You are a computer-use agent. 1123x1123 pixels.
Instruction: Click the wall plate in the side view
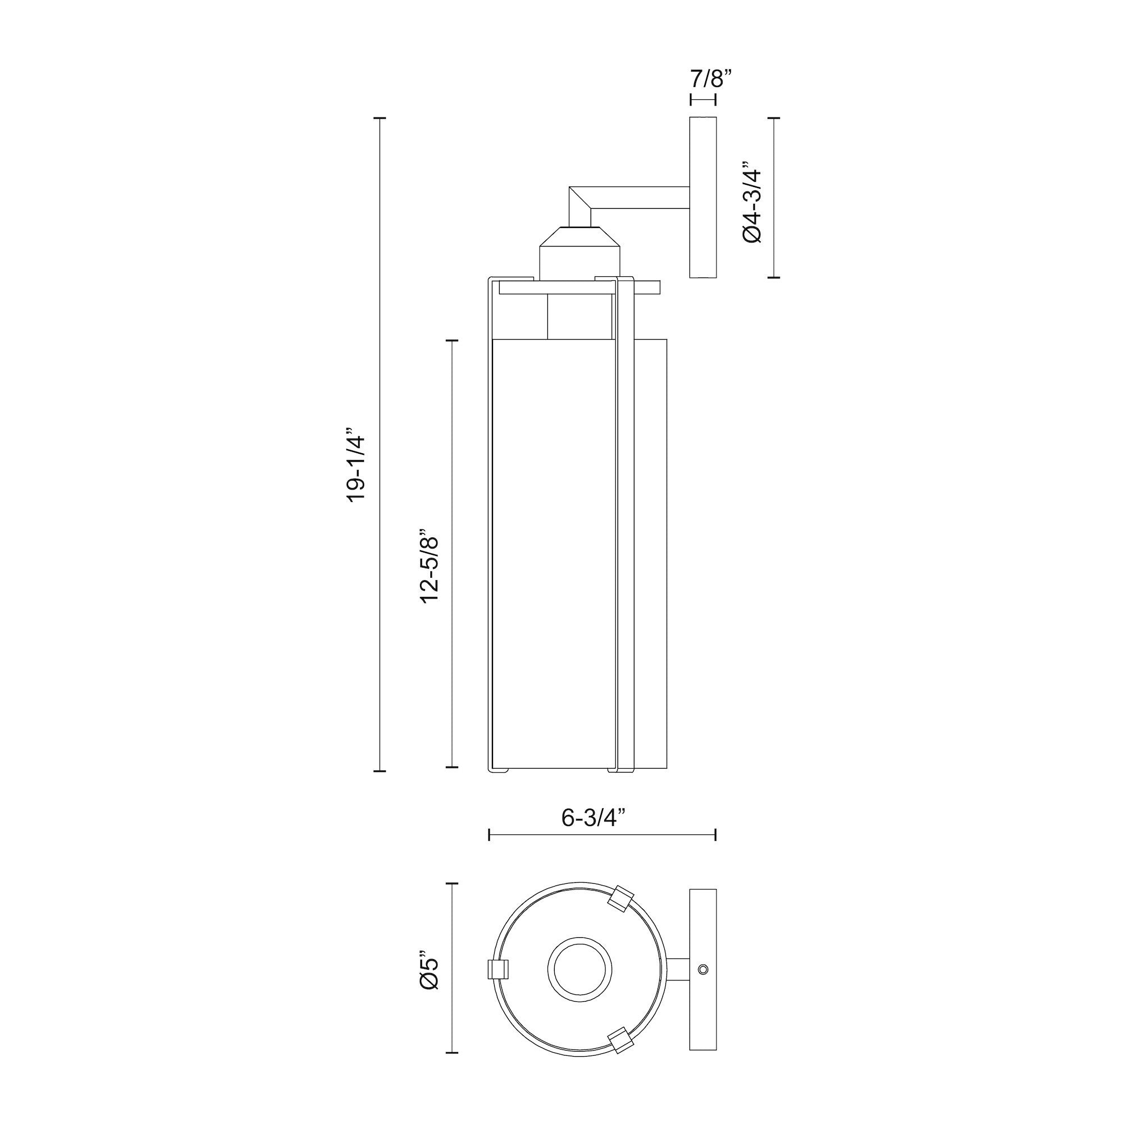703,198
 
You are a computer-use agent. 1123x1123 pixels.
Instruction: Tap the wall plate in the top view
703,969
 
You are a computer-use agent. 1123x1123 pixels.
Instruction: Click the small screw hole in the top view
704,969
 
